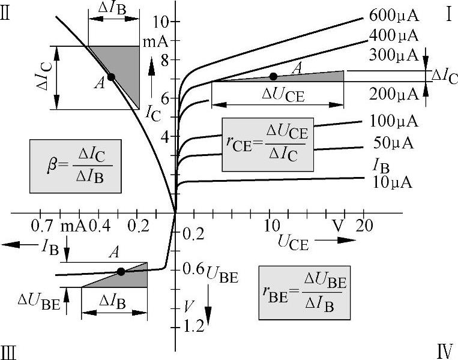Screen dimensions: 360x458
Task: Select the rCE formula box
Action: [268, 144]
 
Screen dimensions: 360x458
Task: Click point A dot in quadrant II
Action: [111, 77]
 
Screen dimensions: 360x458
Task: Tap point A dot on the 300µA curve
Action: [274, 76]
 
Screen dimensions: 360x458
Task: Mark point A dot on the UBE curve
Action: [121, 271]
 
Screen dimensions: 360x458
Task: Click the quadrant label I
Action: [448, 14]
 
